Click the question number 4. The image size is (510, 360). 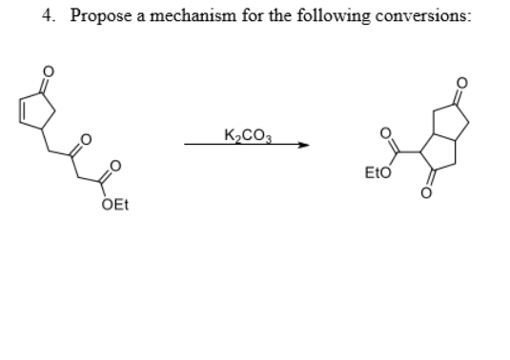pyautogui.click(x=47, y=17)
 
